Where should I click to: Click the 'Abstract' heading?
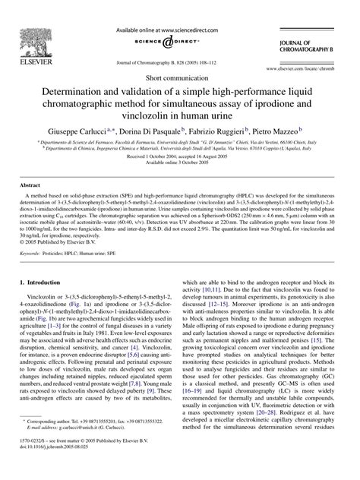[31, 206]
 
